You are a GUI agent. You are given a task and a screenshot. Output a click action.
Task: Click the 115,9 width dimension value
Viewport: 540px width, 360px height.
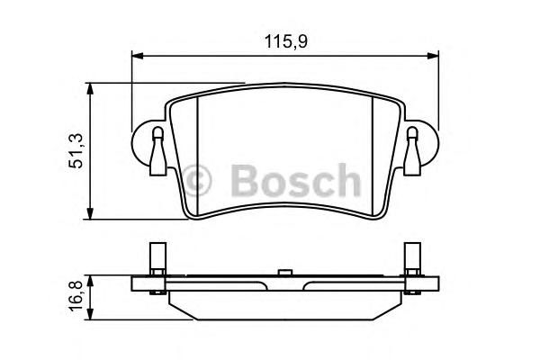[x=285, y=41]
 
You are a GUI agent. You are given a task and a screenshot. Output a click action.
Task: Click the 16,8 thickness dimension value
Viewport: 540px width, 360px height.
[x=76, y=295]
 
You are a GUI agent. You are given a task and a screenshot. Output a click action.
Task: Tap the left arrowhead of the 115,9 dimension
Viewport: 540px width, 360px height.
[x=137, y=56]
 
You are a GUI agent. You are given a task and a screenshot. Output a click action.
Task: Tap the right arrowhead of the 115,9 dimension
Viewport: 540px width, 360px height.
[x=433, y=56]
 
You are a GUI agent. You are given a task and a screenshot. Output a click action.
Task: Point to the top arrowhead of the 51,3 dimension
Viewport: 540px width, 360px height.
[x=90, y=88]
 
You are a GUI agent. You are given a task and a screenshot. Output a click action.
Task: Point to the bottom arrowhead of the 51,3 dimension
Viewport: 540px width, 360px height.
[x=90, y=213]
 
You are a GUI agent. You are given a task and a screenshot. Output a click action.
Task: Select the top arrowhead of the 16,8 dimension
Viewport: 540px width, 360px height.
[x=90, y=281]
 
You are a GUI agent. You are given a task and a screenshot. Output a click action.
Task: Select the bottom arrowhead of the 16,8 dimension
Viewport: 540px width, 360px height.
[x=90, y=314]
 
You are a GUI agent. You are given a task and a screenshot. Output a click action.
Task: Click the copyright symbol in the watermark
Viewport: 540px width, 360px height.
[x=196, y=180]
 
